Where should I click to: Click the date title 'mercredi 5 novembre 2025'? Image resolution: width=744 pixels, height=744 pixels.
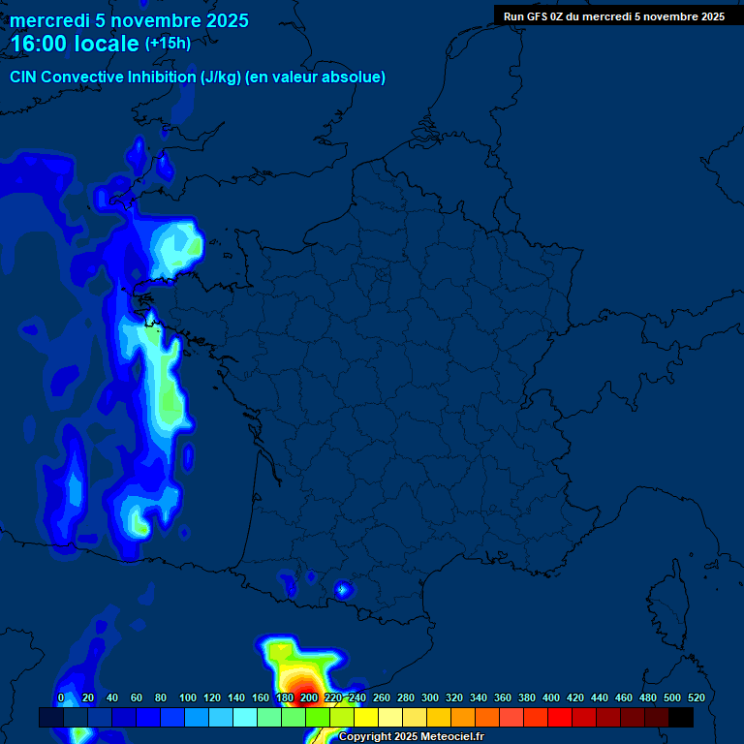click(129, 20)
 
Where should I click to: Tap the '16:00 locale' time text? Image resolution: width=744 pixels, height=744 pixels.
click(76, 44)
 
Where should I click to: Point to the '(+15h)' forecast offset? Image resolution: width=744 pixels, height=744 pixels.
click(168, 43)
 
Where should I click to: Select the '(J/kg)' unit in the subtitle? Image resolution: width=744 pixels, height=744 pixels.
click(221, 77)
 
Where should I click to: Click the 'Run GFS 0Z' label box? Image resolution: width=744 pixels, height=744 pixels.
click(614, 16)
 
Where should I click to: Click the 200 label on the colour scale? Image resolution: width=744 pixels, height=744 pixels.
click(309, 697)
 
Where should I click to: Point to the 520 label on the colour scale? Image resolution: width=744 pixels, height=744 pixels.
click(696, 697)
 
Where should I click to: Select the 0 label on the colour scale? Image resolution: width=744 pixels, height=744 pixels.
click(61, 697)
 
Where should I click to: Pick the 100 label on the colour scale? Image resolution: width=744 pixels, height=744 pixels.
click(188, 697)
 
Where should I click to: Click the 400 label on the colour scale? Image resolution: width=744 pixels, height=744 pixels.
click(551, 697)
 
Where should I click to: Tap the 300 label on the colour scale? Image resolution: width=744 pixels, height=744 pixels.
click(430, 697)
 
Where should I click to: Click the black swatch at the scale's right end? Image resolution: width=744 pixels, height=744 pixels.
click(680, 717)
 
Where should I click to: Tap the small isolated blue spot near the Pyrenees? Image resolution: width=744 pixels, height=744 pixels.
click(342, 589)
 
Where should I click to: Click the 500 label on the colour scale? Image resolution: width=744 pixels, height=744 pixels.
click(672, 697)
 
